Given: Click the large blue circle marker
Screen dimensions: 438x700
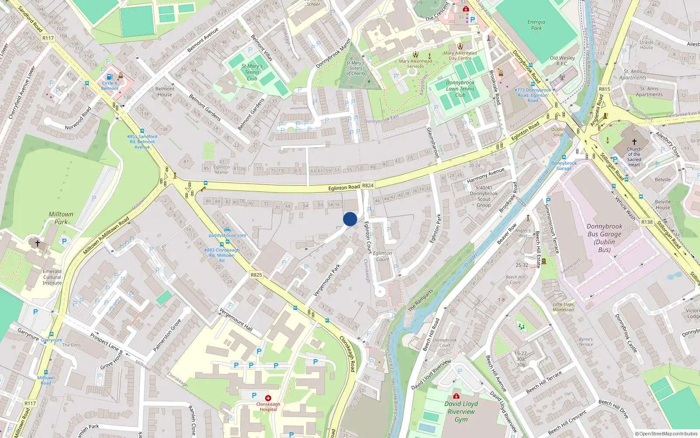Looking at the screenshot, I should (x=350, y=219).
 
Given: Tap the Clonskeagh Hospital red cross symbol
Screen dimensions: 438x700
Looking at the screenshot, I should (x=268, y=398).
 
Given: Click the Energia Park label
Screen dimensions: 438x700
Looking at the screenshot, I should (x=536, y=25).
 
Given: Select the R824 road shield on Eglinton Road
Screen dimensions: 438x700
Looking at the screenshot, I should (x=368, y=185).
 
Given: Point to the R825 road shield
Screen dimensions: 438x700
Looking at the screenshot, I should (x=256, y=275).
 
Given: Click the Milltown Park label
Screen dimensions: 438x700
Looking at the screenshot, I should (x=61, y=218).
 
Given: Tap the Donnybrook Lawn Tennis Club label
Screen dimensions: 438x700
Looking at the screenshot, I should (x=460, y=88).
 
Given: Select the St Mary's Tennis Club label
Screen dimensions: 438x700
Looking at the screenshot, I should (x=252, y=72).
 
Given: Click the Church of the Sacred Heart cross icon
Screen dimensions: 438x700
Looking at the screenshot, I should (x=634, y=142).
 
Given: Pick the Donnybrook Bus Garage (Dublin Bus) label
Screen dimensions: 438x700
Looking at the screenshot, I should (x=604, y=238).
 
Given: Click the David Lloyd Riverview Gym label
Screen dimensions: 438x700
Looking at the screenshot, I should (x=461, y=411).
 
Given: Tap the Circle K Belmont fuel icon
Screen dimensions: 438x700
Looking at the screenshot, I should (x=110, y=77).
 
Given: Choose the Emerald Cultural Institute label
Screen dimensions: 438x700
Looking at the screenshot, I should (x=52, y=277).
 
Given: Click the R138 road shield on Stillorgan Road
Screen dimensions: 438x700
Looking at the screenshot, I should (x=647, y=222).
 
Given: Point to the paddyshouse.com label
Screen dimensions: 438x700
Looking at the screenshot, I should (x=227, y=235).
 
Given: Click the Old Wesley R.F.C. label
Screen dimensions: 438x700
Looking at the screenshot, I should (x=562, y=60).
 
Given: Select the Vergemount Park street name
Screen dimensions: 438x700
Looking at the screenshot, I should (x=327, y=279).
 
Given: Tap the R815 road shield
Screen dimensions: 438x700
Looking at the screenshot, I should (x=604, y=89).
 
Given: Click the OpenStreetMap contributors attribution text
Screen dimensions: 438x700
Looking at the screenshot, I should (x=666, y=434).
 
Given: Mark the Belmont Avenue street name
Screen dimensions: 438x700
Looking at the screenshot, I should (x=203, y=40).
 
